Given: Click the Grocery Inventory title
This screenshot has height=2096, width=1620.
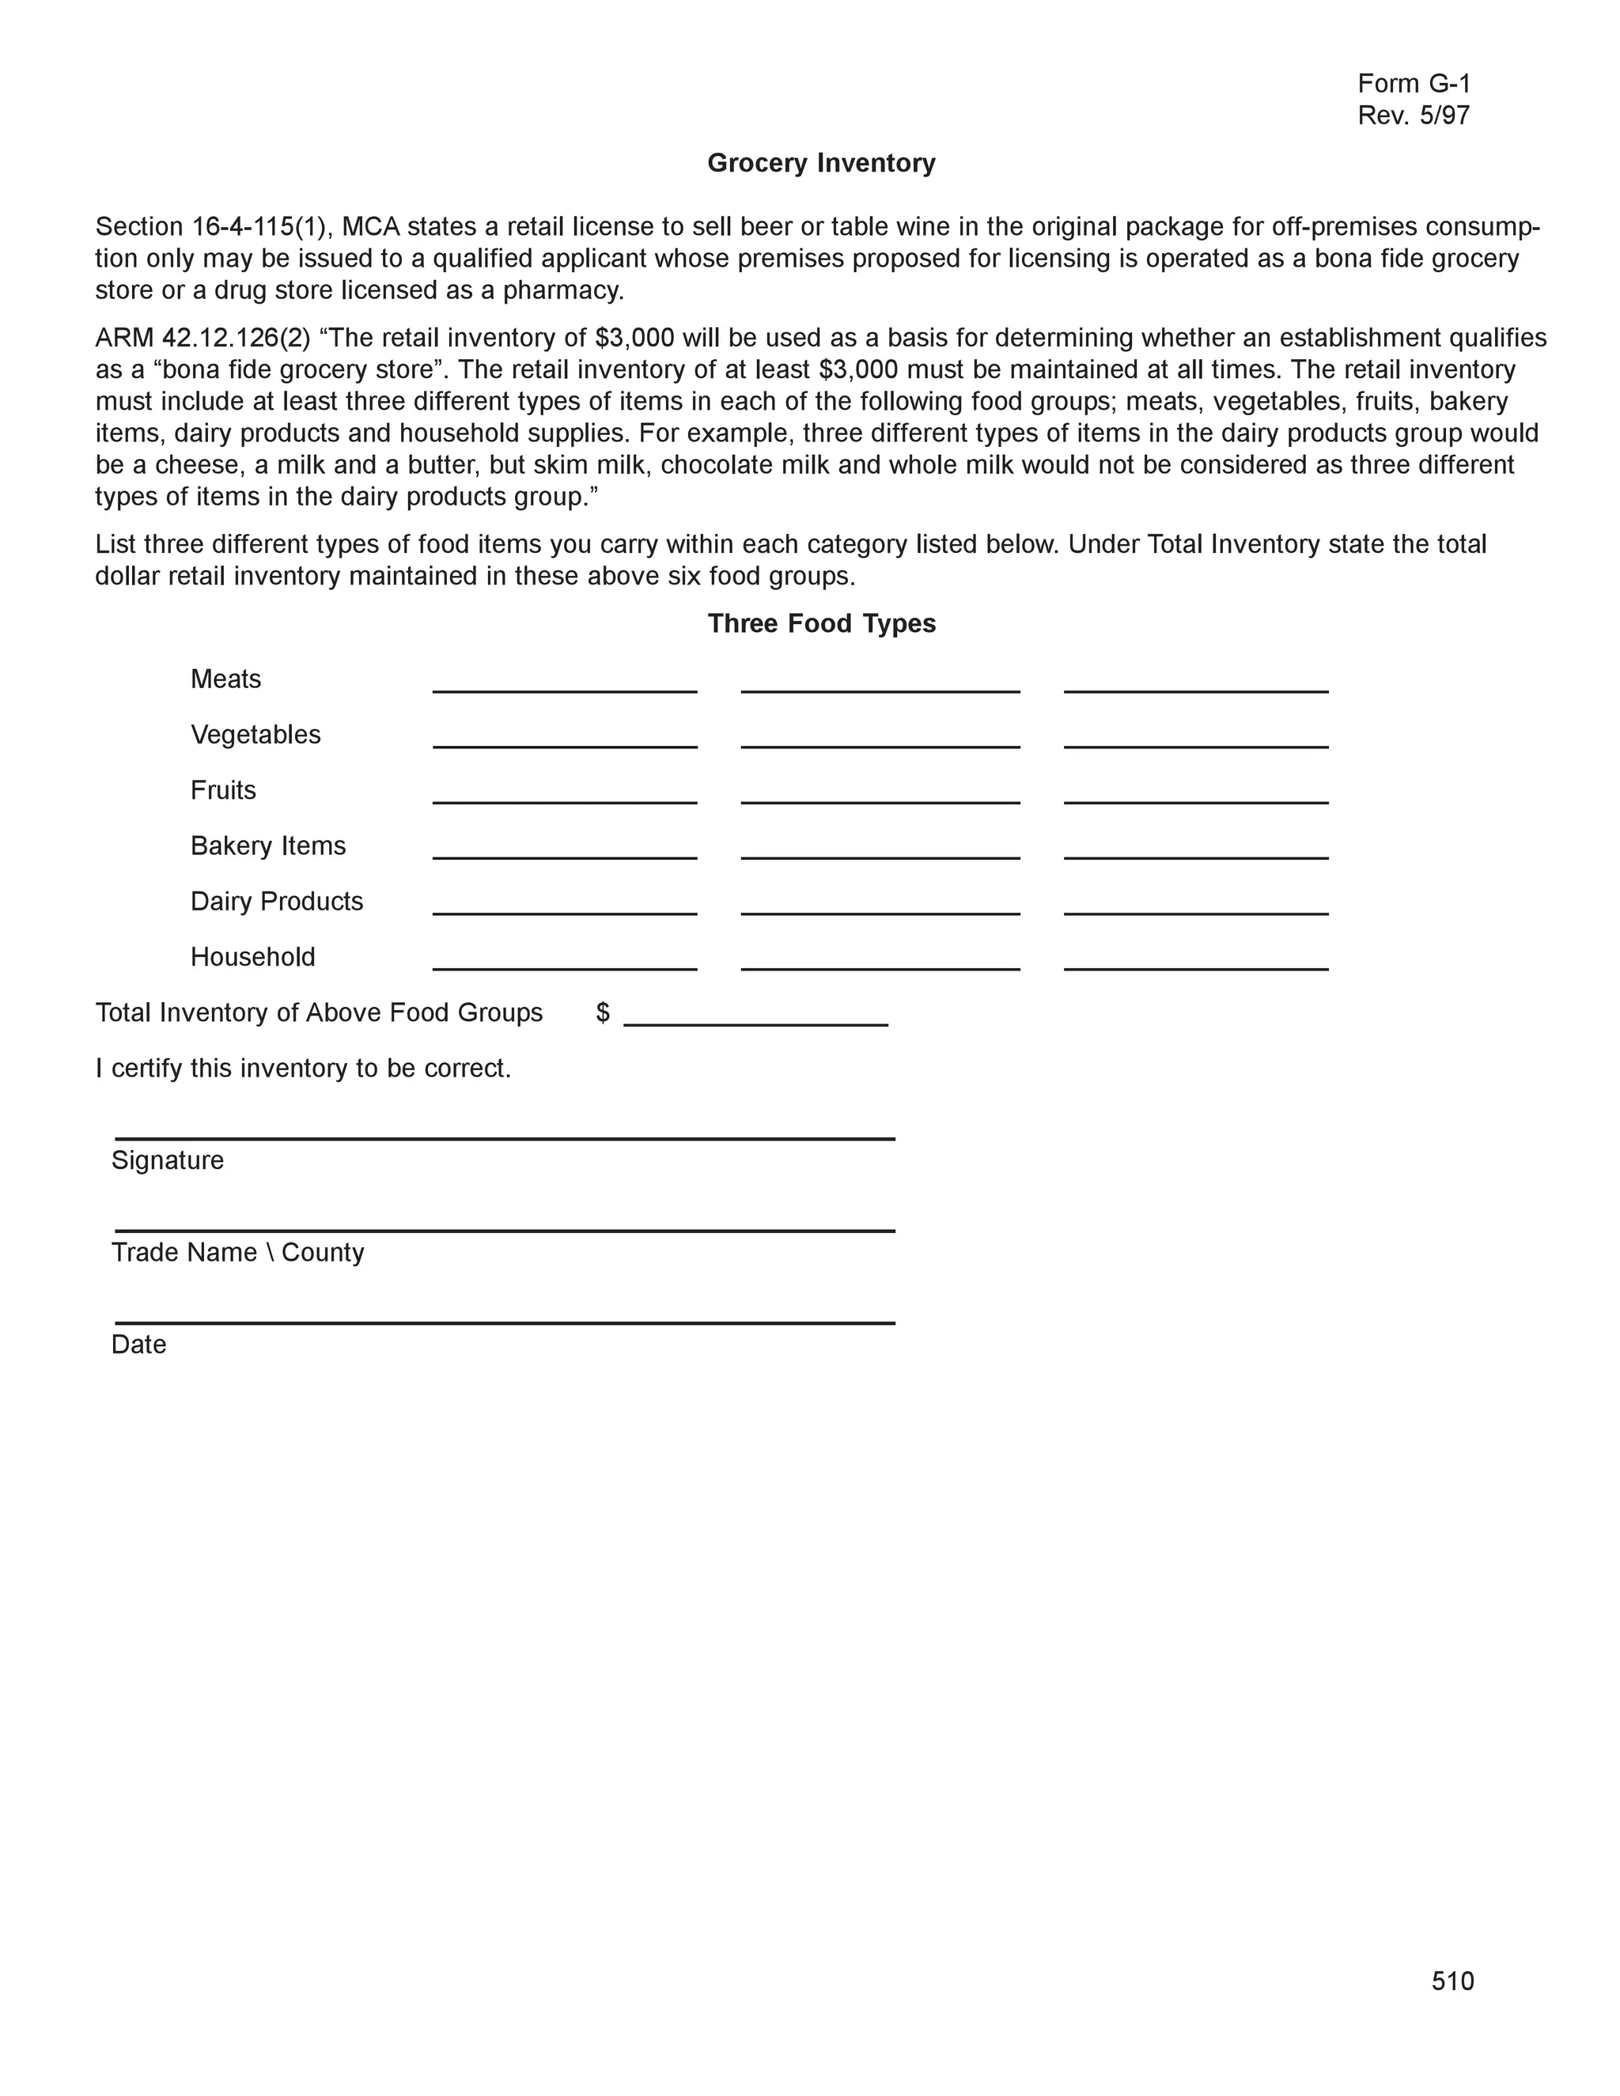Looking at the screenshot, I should point(820,163).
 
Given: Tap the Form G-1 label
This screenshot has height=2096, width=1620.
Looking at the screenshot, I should point(1413,84).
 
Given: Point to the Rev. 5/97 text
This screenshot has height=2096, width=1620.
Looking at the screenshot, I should point(1413,116).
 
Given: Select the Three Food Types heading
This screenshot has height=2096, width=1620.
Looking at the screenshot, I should point(820,624).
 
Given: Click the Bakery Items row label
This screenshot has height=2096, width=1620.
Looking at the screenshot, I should point(268,846).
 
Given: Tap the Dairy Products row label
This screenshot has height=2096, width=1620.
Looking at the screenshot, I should point(276,901).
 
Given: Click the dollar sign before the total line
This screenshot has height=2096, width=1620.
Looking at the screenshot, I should point(603,1012).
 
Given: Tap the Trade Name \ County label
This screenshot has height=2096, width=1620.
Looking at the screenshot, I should point(237,1252).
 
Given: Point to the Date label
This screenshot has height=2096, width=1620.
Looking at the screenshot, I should point(138,1345).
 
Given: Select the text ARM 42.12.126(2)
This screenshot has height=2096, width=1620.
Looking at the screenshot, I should point(202,338).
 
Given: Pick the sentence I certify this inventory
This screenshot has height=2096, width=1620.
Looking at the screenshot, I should point(302,1068).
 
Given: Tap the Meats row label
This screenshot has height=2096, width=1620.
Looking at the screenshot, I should point(225,679).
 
